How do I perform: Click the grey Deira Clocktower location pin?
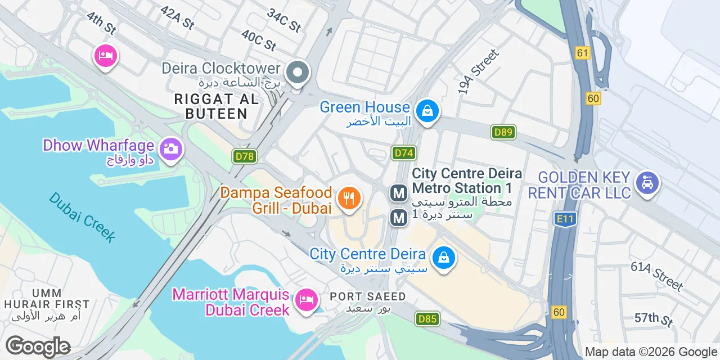point(298,73)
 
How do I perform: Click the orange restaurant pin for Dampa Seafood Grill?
point(349,198)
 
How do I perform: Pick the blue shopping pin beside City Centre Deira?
point(444,258)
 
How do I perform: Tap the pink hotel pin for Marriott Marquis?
point(306,298)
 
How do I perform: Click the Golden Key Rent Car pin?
point(647,183)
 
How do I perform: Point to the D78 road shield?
point(245,156)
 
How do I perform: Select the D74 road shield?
point(404,153)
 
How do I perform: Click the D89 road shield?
point(503,132)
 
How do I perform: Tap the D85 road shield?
point(427,319)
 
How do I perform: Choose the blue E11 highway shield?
point(564,219)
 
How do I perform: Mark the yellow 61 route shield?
point(582,53)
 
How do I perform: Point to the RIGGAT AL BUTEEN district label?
point(217,106)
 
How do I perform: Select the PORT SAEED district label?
point(367,296)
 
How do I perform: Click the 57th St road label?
point(654,319)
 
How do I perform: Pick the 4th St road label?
point(101,23)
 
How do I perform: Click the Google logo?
point(38,346)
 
